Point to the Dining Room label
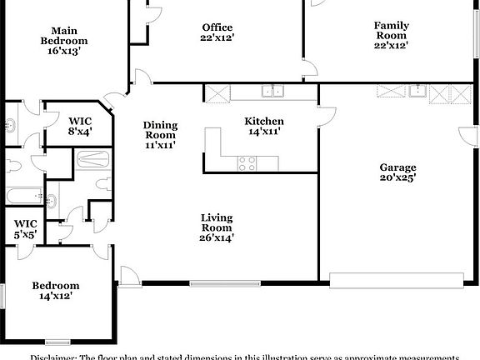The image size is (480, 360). pyautogui.click(x=160, y=130)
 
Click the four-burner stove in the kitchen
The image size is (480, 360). pyautogui.click(x=247, y=163)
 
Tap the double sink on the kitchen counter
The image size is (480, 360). pyautogui.click(x=274, y=92)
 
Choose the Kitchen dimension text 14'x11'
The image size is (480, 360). pyautogui.click(x=264, y=131)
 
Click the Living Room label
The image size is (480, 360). pyautogui.click(x=217, y=222)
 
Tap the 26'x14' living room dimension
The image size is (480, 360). pyautogui.click(x=217, y=237)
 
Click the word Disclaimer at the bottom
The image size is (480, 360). pyautogui.click(x=53, y=356)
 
